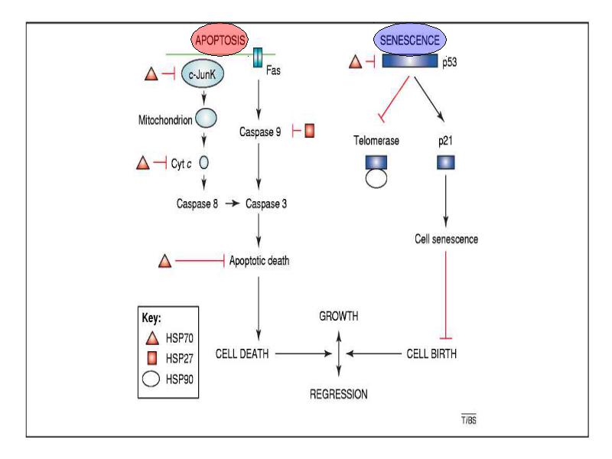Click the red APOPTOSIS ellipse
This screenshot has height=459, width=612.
(220, 40)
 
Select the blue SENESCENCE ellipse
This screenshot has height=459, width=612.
(410, 40)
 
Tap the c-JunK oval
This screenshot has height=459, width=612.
(203, 73)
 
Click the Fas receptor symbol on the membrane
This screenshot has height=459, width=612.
(258, 57)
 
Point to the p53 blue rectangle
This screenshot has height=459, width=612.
(410, 61)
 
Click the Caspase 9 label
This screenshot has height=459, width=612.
(260, 132)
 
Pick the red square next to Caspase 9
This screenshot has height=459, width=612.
(310, 131)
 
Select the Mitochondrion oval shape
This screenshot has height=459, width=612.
(206, 119)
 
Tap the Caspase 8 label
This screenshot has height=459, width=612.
(197, 203)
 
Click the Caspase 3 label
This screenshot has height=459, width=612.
(266, 203)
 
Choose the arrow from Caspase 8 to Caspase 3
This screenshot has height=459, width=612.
(233, 203)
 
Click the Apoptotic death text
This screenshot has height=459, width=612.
(259, 260)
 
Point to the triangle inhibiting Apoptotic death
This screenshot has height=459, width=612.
(164, 261)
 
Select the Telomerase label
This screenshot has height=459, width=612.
(376, 141)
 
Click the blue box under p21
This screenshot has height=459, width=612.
(446, 162)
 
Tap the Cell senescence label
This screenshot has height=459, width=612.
(446, 239)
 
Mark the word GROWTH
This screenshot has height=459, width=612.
(338, 316)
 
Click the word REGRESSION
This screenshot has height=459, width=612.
(338, 394)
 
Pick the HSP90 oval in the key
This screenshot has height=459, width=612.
(151, 379)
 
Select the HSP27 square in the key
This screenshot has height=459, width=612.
(151, 358)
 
